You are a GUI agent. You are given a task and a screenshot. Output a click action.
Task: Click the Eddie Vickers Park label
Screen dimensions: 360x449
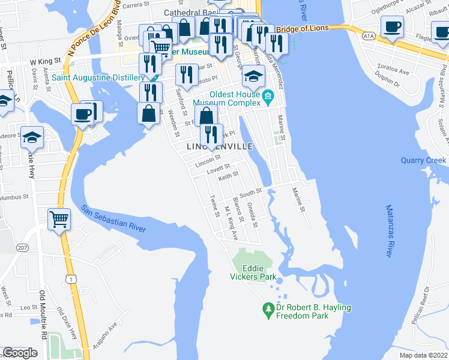coord(253,272)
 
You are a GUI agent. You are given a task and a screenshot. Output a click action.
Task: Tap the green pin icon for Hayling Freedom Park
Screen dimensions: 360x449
coord(268,310)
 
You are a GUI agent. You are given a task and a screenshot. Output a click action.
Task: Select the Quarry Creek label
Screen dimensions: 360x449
coord(423,160)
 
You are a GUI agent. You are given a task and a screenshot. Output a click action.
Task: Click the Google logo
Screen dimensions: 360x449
coord(20,353)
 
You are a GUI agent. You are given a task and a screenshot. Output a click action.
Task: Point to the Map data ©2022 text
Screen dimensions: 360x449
coord(423,355)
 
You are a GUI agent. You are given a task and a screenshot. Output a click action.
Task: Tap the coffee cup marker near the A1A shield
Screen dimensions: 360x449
coord(393,29)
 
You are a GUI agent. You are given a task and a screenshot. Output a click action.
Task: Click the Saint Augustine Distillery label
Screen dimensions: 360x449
coord(98,77)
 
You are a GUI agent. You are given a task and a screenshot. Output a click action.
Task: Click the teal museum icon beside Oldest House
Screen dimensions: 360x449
coord(268,95)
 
